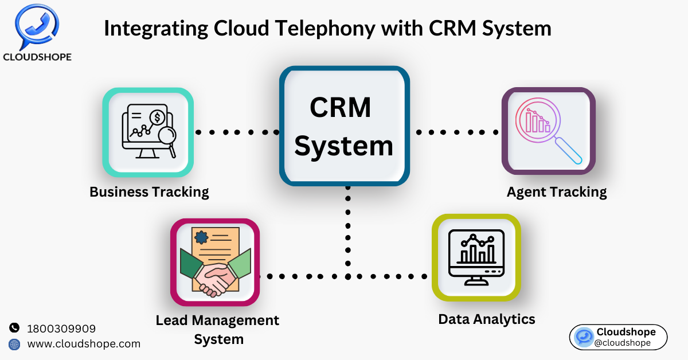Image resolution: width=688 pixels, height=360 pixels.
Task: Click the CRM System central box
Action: coord(344,126)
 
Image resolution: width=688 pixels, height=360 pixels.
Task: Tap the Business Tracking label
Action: coord(149,191)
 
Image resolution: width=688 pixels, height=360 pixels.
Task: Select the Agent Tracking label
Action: coord(557,191)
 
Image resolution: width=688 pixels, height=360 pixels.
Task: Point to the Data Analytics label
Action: coord(487,319)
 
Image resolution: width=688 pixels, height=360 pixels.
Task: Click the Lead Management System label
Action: coord(217,329)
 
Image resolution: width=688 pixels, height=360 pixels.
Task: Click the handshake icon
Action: coord(215,278)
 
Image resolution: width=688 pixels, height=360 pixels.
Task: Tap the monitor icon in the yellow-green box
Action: coord(476,257)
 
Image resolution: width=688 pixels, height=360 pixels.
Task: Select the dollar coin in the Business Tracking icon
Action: coord(158,118)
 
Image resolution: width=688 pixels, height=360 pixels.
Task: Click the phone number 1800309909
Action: coord(61,328)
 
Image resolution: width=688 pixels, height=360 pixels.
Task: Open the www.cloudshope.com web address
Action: coord(84,344)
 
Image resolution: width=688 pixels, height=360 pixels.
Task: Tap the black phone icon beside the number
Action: coord(14,328)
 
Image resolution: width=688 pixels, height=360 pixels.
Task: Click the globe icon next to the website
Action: coord(14,344)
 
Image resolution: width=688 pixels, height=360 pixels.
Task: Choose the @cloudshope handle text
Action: coord(623,343)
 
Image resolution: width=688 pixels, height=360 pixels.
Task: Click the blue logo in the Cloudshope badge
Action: coord(584,337)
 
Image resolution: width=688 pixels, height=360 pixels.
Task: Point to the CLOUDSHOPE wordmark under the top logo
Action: coord(37,57)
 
